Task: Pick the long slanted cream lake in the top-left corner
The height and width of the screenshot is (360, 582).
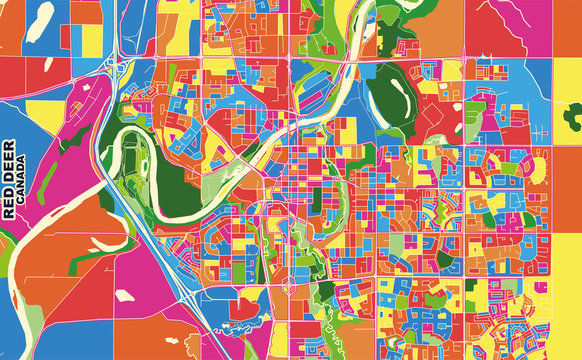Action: click(x=39, y=22)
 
